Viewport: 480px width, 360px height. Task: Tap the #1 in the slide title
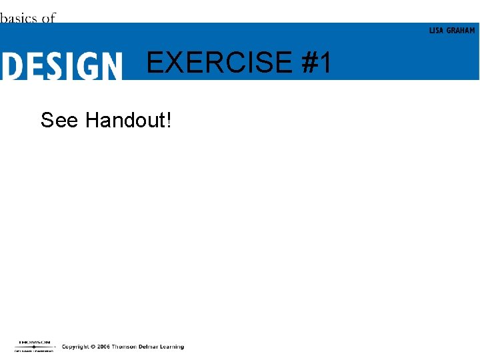316,63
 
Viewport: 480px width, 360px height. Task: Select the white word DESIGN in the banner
61,67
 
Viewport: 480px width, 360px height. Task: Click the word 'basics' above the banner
19,18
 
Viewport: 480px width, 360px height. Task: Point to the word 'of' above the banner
49,18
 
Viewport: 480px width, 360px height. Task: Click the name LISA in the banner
436,31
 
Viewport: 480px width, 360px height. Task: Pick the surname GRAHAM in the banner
461,31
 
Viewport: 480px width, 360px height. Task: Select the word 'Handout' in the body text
125,120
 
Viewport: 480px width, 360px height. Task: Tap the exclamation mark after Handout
169,120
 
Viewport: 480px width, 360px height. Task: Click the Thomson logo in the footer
34,346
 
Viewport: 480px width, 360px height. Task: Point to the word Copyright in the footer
76,347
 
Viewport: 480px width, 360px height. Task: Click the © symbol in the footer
94,347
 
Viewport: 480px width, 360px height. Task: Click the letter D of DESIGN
12,67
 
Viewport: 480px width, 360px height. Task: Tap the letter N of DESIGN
110,67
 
